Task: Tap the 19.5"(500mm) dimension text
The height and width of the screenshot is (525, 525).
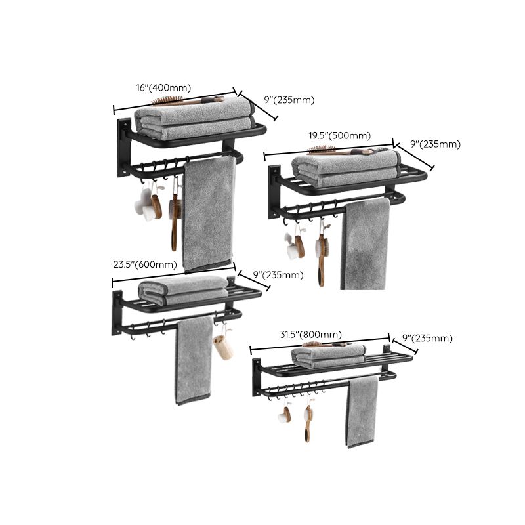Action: click(340, 136)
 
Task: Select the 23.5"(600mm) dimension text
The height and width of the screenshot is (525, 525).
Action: click(145, 264)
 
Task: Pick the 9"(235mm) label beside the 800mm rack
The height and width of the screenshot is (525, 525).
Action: click(427, 338)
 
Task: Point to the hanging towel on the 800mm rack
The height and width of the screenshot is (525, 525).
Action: click(362, 411)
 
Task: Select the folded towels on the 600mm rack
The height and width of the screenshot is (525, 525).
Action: click(184, 289)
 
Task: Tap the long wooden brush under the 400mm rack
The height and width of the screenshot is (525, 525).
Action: click(175, 220)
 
